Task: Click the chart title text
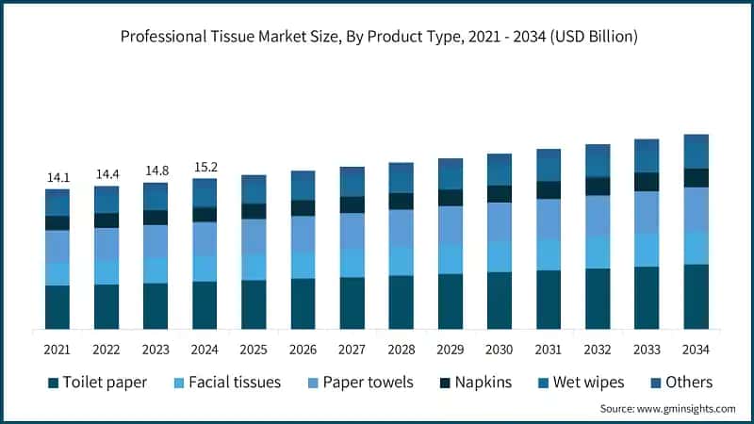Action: [379, 38]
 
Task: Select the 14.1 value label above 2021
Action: [57, 176]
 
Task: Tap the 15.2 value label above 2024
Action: [205, 166]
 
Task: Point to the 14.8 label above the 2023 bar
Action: [156, 171]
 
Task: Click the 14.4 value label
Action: [107, 173]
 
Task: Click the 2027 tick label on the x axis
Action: [352, 350]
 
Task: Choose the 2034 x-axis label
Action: [696, 350]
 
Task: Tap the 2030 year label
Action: [499, 350]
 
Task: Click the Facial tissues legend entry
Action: [226, 383]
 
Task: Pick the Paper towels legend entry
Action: [360, 383]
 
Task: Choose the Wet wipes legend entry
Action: [582, 383]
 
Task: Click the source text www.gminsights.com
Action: [667, 409]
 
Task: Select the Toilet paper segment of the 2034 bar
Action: [696, 296]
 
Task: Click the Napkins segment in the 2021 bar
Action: [57, 223]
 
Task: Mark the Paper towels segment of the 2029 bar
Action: [450, 225]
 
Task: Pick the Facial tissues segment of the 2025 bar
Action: [254, 267]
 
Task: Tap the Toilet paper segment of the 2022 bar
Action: [107, 306]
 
